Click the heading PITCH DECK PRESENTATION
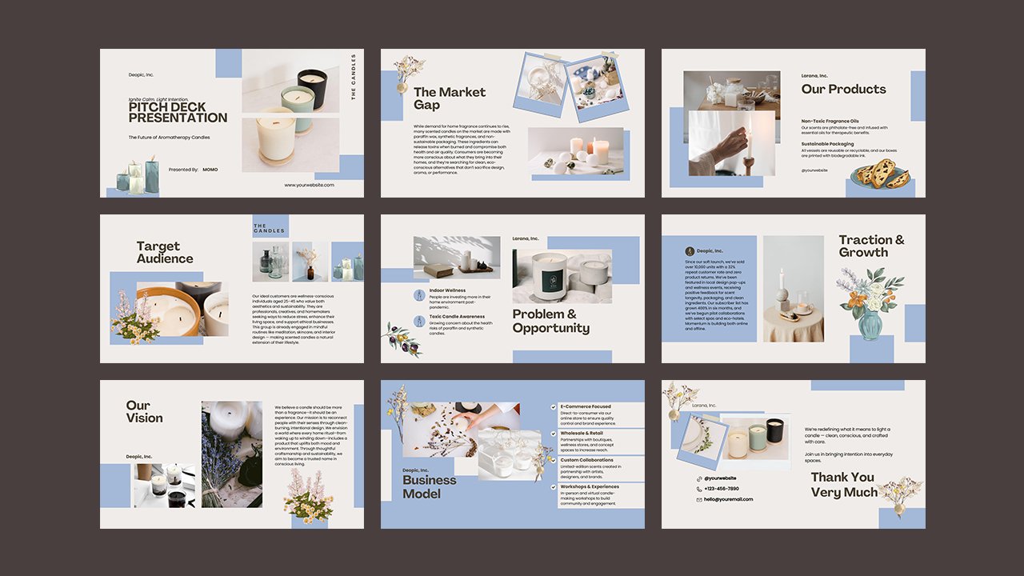click(x=178, y=112)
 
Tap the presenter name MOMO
click(x=210, y=170)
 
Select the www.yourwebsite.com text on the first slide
click(x=309, y=185)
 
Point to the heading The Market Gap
click(x=449, y=98)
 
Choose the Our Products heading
click(x=843, y=89)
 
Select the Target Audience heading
click(x=164, y=252)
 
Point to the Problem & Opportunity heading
click(x=551, y=321)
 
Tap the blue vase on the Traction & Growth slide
click(x=870, y=324)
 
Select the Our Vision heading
click(x=144, y=411)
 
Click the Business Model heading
click(x=429, y=486)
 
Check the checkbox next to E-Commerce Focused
click(x=553, y=407)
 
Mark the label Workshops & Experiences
click(x=589, y=486)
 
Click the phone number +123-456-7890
click(x=721, y=488)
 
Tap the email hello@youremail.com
click(x=728, y=499)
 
